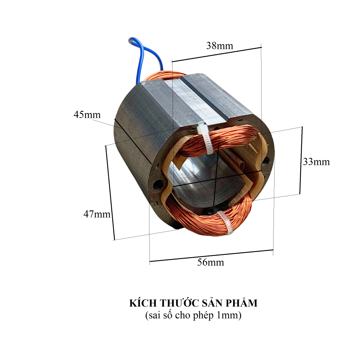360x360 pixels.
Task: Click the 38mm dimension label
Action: pos(219,46)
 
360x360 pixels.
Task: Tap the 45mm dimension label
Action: pos(87,115)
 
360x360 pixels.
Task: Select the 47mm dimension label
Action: pos(97,214)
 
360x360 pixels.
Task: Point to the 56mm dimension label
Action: pos(211,262)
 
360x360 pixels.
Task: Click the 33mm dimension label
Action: pos(316,162)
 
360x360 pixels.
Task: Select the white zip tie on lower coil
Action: pos(225,223)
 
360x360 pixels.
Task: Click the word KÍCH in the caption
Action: pos(143,303)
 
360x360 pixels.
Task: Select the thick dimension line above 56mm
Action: pos(211,256)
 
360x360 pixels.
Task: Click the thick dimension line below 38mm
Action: pos(217,54)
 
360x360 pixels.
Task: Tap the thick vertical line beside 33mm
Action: pos(301,160)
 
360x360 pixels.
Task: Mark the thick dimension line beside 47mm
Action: pos(110,193)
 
